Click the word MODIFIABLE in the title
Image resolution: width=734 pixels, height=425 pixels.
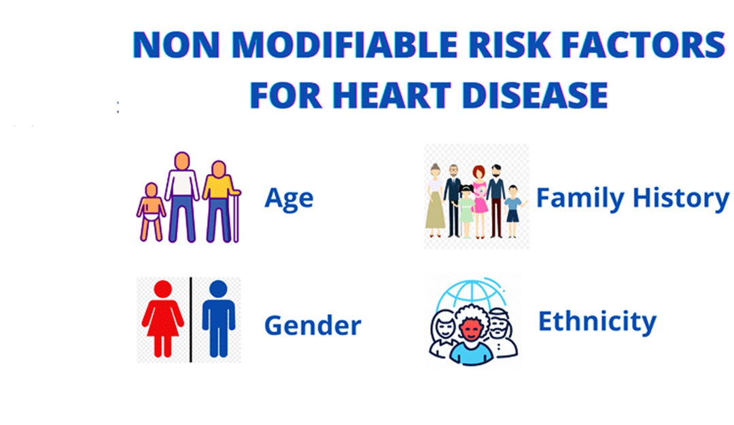(x=344, y=44)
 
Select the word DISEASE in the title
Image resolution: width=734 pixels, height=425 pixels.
(x=535, y=95)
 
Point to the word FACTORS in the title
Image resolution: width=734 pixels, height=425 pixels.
(x=643, y=44)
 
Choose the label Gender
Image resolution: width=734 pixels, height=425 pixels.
(x=313, y=325)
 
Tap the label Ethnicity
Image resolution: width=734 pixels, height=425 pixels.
(x=597, y=322)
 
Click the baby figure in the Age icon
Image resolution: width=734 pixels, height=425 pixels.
(x=151, y=211)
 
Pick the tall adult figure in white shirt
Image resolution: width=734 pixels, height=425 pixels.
(x=181, y=197)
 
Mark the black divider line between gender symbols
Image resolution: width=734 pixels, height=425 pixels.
(x=190, y=320)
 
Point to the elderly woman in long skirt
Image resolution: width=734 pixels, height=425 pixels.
(x=435, y=201)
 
